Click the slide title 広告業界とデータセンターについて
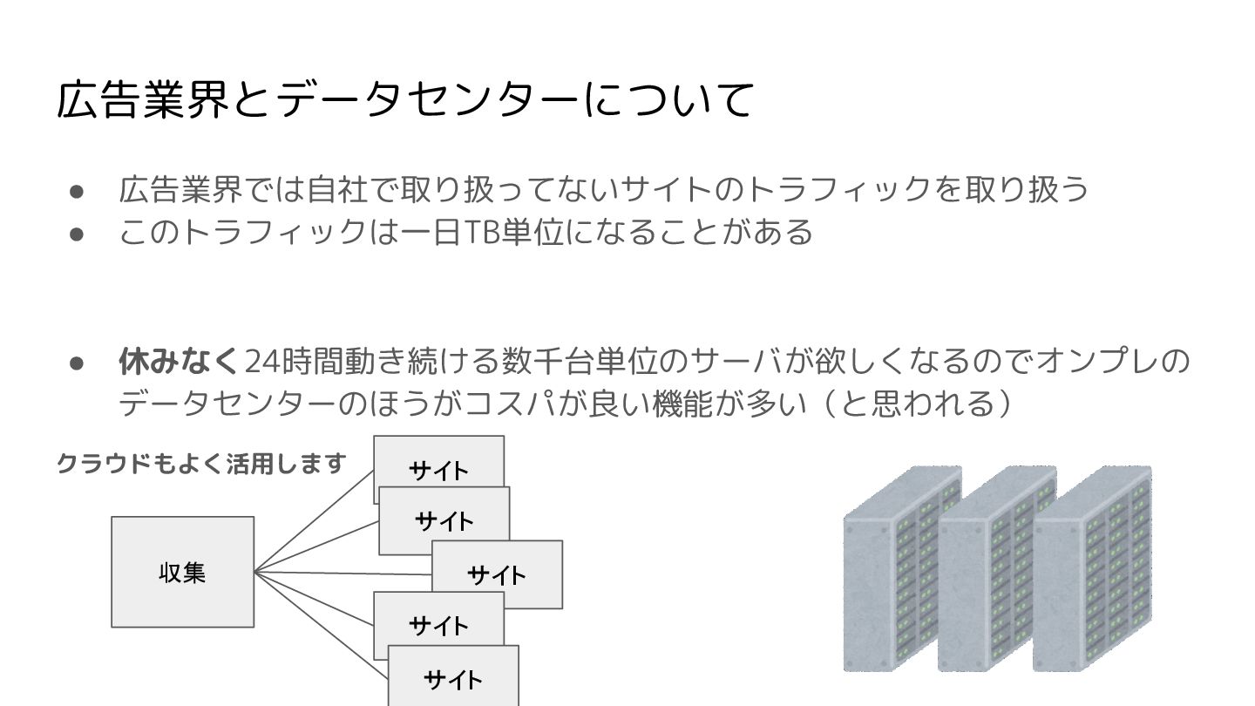click(x=404, y=98)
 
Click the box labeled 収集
click(x=182, y=572)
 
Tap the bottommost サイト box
click(x=453, y=678)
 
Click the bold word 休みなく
click(x=179, y=360)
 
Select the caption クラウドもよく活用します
click(x=201, y=464)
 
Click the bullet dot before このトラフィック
click(x=76, y=233)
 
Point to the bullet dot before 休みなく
click(x=76, y=362)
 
